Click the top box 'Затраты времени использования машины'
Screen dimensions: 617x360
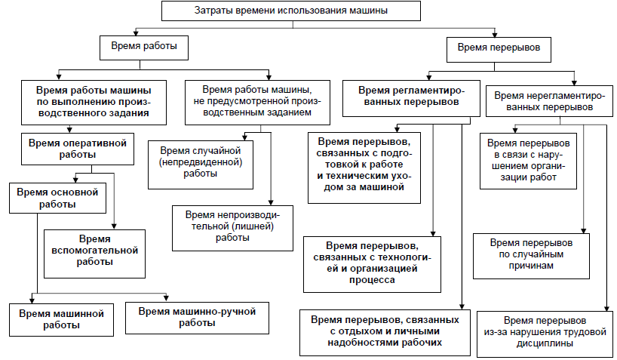click(291, 11)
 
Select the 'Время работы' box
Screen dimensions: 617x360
click(144, 48)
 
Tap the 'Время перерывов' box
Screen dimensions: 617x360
click(499, 50)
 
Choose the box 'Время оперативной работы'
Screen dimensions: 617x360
click(78, 149)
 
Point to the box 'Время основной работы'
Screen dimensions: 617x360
click(57, 198)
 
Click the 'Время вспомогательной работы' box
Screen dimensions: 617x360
click(94, 254)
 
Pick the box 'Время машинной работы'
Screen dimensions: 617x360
click(61, 320)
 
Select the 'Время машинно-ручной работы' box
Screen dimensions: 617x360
click(197, 318)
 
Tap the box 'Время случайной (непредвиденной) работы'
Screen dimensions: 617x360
click(201, 165)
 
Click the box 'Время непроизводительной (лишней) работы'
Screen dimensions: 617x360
click(232, 229)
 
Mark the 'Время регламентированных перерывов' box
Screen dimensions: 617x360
click(411, 98)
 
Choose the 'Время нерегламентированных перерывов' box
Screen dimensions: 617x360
click(549, 101)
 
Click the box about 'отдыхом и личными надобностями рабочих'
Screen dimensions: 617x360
click(385, 333)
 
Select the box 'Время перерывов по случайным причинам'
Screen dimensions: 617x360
click(531, 257)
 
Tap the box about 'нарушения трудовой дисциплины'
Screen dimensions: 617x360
click(545, 334)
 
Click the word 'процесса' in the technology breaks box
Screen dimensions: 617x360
click(372, 281)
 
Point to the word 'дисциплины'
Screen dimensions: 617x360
click(545, 344)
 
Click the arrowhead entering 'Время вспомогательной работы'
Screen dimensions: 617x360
click(114, 226)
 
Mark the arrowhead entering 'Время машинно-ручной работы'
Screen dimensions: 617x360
click(166, 298)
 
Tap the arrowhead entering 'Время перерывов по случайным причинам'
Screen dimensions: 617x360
click(584, 231)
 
